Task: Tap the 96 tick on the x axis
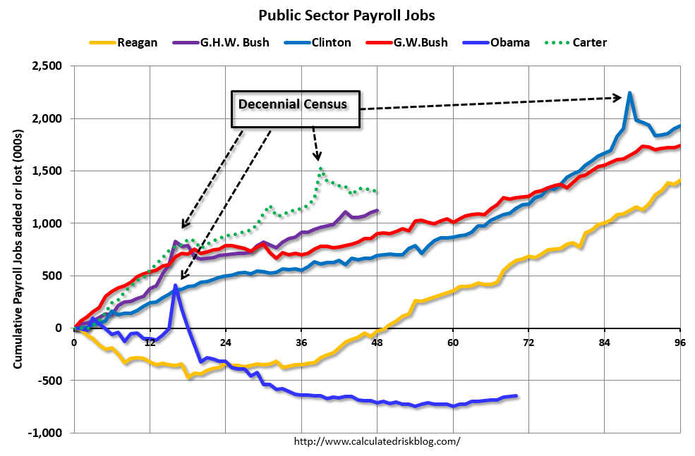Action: [679, 343]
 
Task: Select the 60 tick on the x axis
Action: [452, 343]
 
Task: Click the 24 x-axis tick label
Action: [225, 343]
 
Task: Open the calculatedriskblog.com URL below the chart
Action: [376, 442]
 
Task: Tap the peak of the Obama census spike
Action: [175, 285]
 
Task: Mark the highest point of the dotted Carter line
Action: [321, 168]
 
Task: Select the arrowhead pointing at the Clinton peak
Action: [618, 97]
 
